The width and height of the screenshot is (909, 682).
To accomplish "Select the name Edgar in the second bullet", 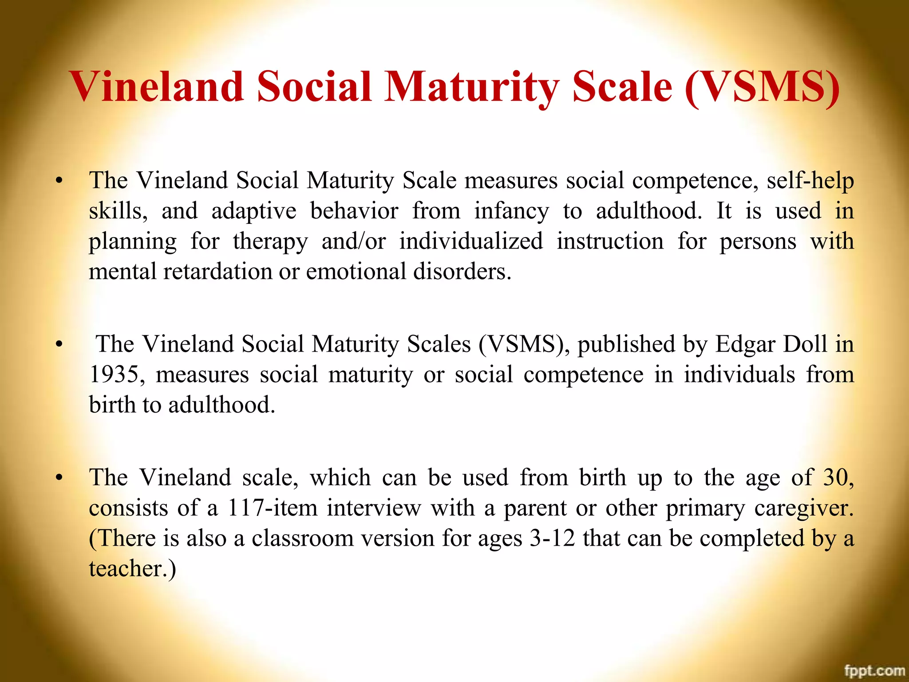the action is tap(745, 344).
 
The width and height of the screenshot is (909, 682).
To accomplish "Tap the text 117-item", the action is tap(273, 508).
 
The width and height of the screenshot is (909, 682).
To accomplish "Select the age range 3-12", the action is tap(552, 538).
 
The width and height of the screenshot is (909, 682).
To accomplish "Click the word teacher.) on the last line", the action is tap(132, 569).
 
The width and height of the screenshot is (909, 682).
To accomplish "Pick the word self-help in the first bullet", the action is tap(810, 181).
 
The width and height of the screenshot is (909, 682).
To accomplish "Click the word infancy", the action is tap(511, 211).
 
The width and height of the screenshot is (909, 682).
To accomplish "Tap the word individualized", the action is tap(470, 241).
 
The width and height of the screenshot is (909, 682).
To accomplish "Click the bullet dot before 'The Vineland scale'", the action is tap(59, 479).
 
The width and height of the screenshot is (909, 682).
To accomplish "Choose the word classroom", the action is tap(302, 538).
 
